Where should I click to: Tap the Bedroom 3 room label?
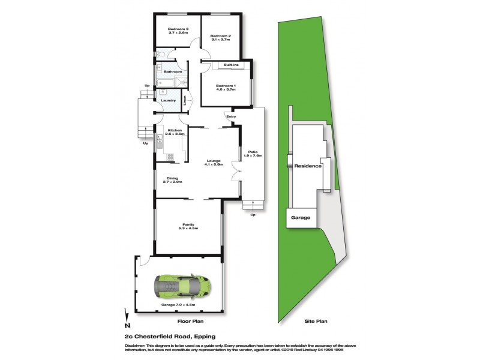point(178,30)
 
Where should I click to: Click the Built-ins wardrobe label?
point(232,65)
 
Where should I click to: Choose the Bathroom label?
point(173,72)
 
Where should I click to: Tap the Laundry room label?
point(168,100)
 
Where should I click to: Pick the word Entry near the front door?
point(231,116)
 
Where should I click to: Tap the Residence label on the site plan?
point(304,166)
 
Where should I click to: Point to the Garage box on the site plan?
point(301,218)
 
